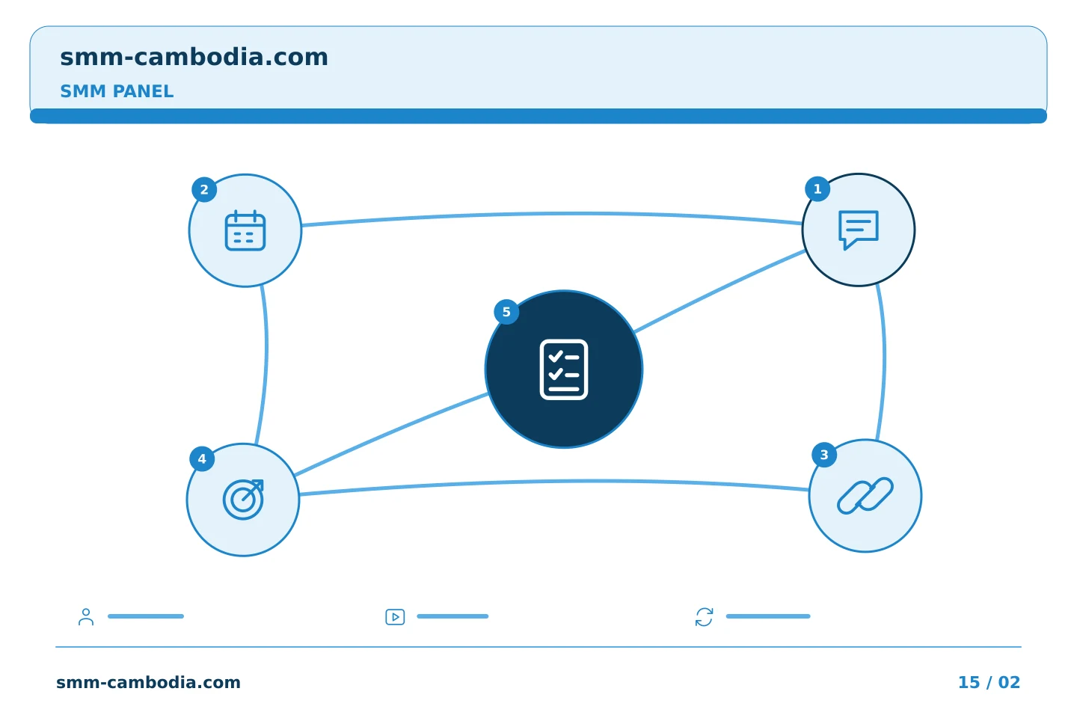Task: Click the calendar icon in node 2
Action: (x=245, y=230)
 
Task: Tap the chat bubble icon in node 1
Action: (x=859, y=230)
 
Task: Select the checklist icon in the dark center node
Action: (x=563, y=369)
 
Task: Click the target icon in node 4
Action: (x=243, y=499)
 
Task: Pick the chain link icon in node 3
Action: (x=865, y=495)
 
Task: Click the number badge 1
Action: (x=817, y=189)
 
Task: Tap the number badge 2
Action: (x=204, y=189)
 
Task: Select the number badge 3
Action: (x=824, y=455)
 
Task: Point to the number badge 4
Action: (x=202, y=458)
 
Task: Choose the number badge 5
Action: (x=506, y=312)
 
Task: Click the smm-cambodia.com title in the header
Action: (x=194, y=58)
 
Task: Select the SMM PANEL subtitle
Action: (x=117, y=91)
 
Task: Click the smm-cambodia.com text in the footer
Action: (x=148, y=682)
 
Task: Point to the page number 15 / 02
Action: (x=989, y=682)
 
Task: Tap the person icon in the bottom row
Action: (x=86, y=616)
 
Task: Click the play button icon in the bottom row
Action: (x=395, y=617)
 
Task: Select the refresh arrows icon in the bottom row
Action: (x=704, y=617)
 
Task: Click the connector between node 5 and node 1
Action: (x=719, y=292)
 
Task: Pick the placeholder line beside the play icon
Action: (x=452, y=616)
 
